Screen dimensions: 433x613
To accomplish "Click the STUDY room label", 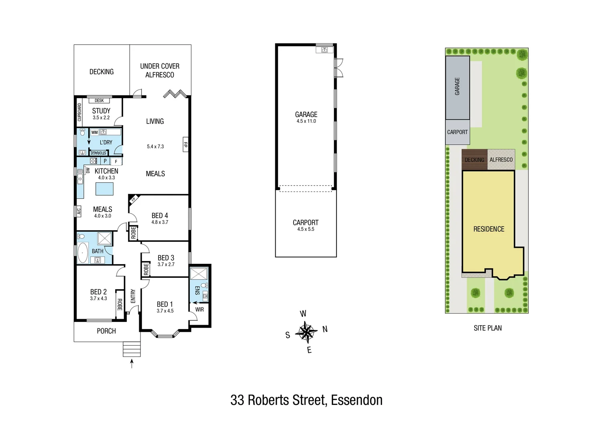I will coord(101,111).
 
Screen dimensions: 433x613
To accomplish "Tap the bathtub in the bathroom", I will coord(83,253).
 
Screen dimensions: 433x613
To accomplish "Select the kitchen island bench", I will coord(104,188).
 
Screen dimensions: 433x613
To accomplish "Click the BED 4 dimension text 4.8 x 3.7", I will coord(160,222).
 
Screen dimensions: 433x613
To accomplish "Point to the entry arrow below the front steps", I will coord(132,363).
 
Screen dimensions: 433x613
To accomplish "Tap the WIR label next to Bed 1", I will coord(199,309).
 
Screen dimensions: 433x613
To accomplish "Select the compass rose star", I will coord(306,332).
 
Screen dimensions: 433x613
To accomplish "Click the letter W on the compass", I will coord(303,314).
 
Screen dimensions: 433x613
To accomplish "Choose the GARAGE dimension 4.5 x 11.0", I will coord(306,121).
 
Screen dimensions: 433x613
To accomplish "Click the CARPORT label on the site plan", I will coord(457,132).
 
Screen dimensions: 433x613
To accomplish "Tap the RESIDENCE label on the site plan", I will coord(489,229).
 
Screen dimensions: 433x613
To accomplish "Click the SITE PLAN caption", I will coord(487,328).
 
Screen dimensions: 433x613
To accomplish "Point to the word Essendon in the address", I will coord(357,400).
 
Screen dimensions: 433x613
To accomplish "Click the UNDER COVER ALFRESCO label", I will coord(160,70).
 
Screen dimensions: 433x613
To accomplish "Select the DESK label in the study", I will coord(99,101).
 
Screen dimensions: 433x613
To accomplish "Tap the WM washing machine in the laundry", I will coord(94,132).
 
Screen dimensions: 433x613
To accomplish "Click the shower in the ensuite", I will coord(197,274).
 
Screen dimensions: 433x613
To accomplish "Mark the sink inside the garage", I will coord(324,50).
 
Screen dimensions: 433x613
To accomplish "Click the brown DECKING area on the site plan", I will coord(474,160).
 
